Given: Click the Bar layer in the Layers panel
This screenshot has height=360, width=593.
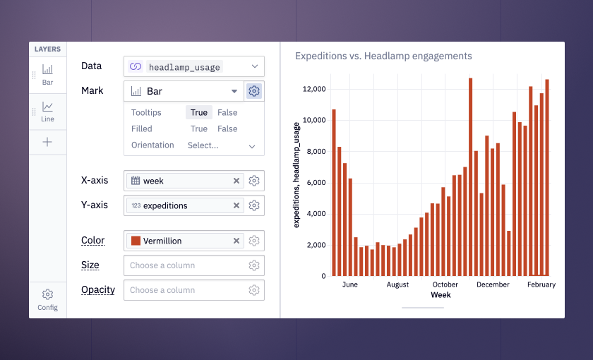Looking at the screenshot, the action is tap(47, 75).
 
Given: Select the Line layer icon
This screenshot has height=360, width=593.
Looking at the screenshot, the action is tap(47, 107).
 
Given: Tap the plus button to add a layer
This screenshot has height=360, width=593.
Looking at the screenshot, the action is tap(47, 142).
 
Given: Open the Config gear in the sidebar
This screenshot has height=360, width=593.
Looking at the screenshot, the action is tap(47, 294).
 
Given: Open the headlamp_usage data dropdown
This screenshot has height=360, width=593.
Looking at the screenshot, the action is tap(194, 66).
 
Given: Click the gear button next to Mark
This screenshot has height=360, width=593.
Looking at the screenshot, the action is tap(254, 91).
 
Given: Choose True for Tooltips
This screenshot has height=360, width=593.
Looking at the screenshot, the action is tap(199, 113).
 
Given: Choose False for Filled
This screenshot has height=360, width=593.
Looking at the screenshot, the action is tap(227, 129).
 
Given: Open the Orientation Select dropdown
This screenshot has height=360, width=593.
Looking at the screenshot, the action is tap(222, 145).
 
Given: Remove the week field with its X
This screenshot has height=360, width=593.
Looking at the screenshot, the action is tap(236, 181).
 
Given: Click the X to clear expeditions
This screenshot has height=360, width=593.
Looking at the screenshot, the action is tap(236, 205).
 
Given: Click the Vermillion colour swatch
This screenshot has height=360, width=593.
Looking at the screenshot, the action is tap(136, 241).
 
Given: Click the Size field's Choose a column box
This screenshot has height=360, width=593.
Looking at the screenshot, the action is tap(184, 265).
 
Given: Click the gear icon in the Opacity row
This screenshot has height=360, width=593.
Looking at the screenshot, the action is tap(254, 290).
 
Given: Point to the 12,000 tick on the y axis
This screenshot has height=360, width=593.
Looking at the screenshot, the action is tap(314, 89).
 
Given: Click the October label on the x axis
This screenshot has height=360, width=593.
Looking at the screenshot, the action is tap(445, 284).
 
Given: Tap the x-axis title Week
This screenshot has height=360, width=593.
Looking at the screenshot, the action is tap(441, 295).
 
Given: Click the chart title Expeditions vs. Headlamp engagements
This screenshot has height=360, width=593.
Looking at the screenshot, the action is tap(383, 56).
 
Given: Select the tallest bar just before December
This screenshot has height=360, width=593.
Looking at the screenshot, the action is tap(470, 177).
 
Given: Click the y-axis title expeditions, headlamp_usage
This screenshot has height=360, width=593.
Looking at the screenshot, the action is tap(296, 175).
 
